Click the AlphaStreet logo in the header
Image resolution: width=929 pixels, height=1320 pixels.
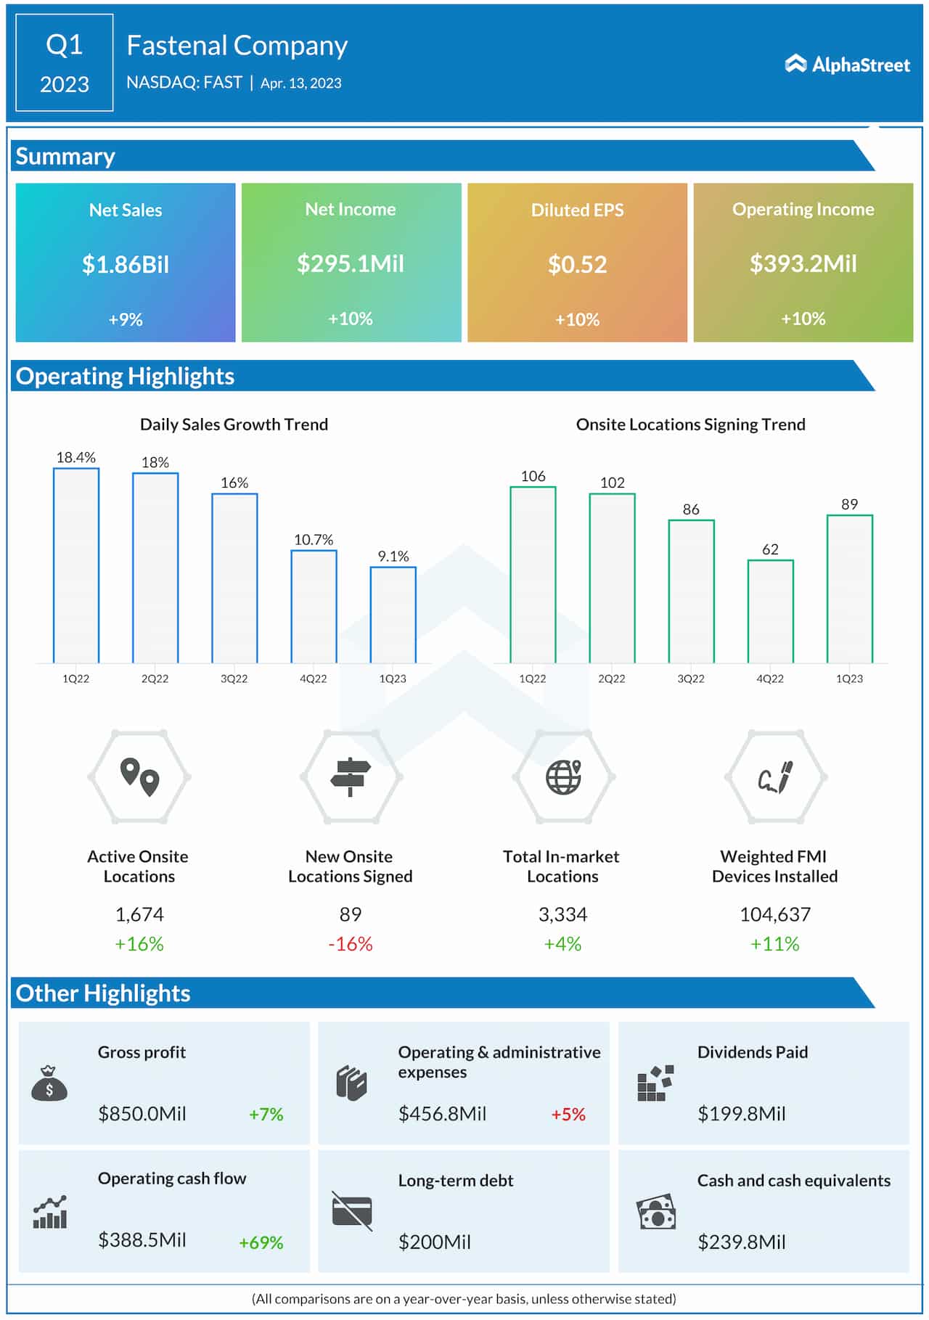847,65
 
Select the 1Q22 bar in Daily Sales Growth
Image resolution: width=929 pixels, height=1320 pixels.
76,565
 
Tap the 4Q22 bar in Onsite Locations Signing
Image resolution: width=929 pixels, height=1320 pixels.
770,611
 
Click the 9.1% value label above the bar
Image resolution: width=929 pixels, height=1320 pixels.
393,556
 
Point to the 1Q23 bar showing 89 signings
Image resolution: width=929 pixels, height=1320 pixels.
849,589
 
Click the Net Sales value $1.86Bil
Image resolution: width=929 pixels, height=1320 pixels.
126,264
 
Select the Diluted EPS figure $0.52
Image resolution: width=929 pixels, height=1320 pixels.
577,264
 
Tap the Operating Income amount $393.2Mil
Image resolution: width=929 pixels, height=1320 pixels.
803,263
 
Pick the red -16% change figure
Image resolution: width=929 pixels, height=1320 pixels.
350,943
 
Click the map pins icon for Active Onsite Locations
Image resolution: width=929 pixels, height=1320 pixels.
139,777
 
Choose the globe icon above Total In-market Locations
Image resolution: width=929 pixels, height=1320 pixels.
563,777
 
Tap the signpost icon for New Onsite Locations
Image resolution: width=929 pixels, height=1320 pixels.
351,777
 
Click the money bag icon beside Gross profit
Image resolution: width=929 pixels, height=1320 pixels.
49,1083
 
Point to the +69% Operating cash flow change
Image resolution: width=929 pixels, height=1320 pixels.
261,1242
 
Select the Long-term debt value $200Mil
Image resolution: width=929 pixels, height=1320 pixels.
434,1242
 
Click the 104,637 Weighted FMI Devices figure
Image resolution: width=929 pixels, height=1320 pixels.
774,914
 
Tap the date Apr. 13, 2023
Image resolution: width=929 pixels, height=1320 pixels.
300,83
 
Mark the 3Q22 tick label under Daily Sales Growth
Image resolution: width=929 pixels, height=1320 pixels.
234,679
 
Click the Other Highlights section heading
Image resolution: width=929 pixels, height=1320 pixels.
103,993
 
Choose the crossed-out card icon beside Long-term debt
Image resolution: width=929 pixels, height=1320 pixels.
352,1211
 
